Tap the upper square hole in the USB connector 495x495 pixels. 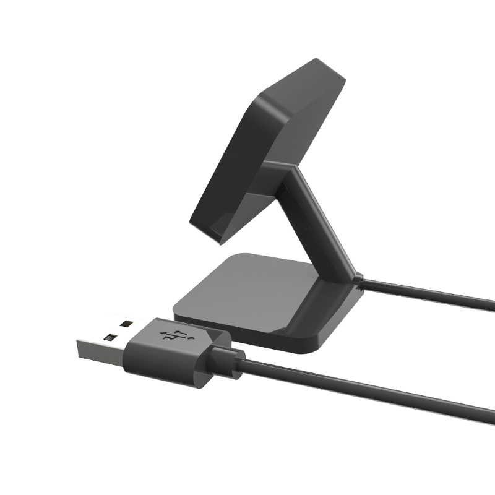pyautogui.click(x=126, y=323)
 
